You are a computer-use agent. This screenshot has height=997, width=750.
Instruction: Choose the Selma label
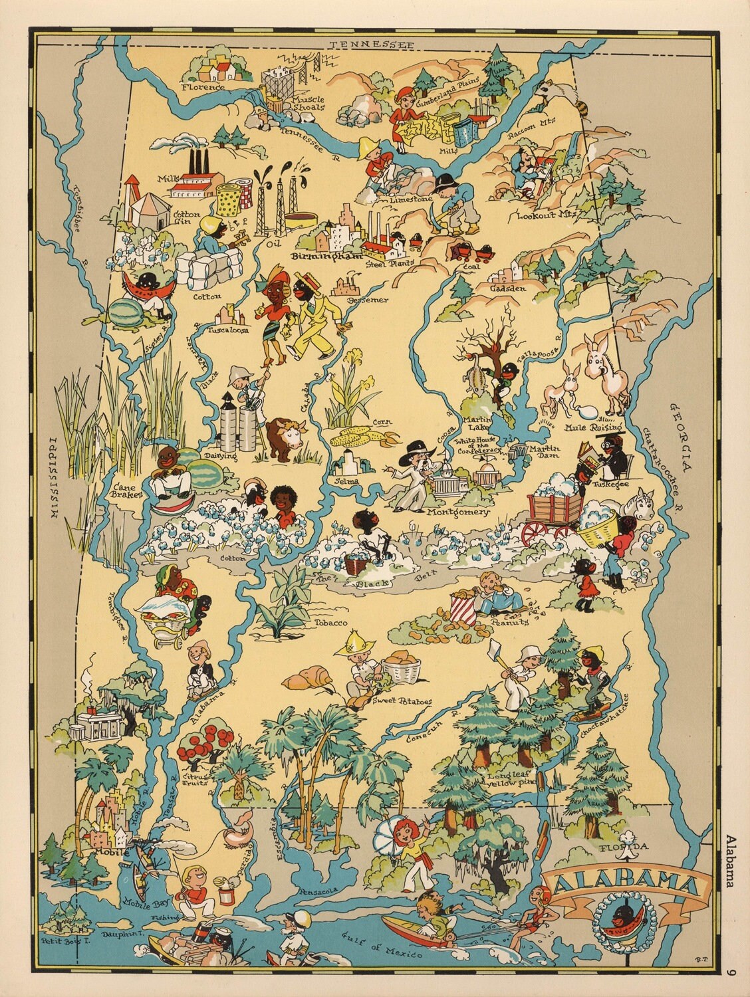click(347, 481)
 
